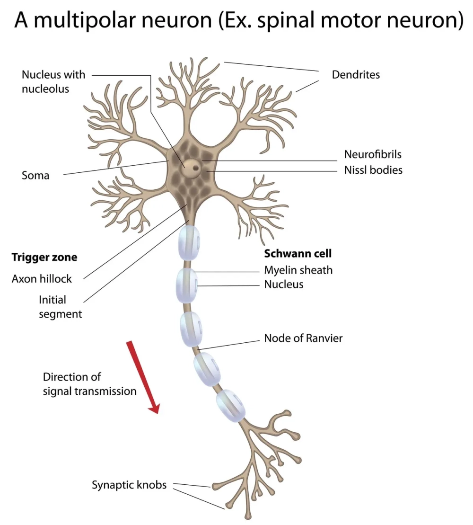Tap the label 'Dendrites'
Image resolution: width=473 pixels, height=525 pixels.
pyautogui.click(x=356, y=75)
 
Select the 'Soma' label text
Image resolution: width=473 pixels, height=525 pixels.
pyautogui.click(x=35, y=176)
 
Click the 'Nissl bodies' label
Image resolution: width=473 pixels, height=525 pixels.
pyautogui.click(x=373, y=169)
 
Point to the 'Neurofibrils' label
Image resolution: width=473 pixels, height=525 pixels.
pyautogui.click(x=373, y=154)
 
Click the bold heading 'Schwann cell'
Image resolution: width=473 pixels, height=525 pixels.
pyautogui.click(x=298, y=253)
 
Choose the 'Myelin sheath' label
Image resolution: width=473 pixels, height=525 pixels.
pyautogui.click(x=298, y=270)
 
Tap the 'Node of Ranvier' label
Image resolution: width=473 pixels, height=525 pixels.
pyautogui.click(x=303, y=338)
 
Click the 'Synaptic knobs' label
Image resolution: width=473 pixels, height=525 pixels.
pyautogui.click(x=129, y=485)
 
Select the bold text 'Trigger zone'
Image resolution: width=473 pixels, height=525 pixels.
pyautogui.click(x=44, y=258)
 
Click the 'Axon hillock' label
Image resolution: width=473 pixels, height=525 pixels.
pyautogui.click(x=42, y=278)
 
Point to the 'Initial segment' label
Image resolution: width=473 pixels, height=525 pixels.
pyautogui.click(x=60, y=306)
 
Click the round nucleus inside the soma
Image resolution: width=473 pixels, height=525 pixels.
pyautogui.click(x=192, y=166)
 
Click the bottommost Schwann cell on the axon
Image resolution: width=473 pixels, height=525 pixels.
pyautogui.click(x=231, y=405)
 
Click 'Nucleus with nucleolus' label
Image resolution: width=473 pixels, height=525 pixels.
pyautogui.click(x=53, y=81)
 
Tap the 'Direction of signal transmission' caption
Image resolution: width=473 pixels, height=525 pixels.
pyautogui.click(x=89, y=384)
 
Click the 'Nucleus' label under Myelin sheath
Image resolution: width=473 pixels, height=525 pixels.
pyautogui.click(x=284, y=284)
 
